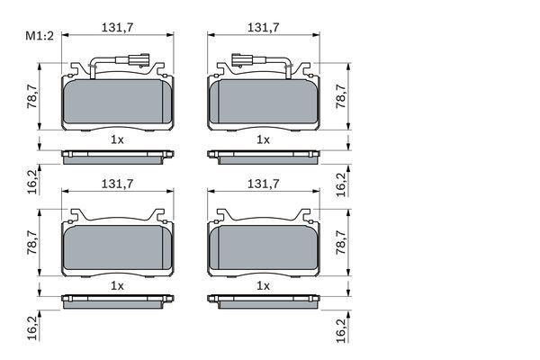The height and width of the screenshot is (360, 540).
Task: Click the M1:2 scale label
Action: tap(40, 36)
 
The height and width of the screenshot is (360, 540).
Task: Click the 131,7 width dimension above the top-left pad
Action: tap(117, 28)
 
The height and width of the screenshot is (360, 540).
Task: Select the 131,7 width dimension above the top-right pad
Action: tap(264, 28)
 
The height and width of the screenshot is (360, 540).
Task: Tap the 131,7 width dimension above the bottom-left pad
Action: tap(117, 184)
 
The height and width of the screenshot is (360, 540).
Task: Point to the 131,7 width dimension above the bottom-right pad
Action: tap(264, 184)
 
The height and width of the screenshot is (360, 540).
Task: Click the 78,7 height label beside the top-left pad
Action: tap(32, 96)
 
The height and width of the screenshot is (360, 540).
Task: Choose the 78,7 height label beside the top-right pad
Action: tap(341, 96)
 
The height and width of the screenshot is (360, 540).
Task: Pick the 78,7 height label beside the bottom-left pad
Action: tap(32, 242)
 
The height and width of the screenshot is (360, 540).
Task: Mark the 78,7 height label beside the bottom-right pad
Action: tap(341, 242)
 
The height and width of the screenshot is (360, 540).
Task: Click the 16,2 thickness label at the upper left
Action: tap(32, 182)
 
